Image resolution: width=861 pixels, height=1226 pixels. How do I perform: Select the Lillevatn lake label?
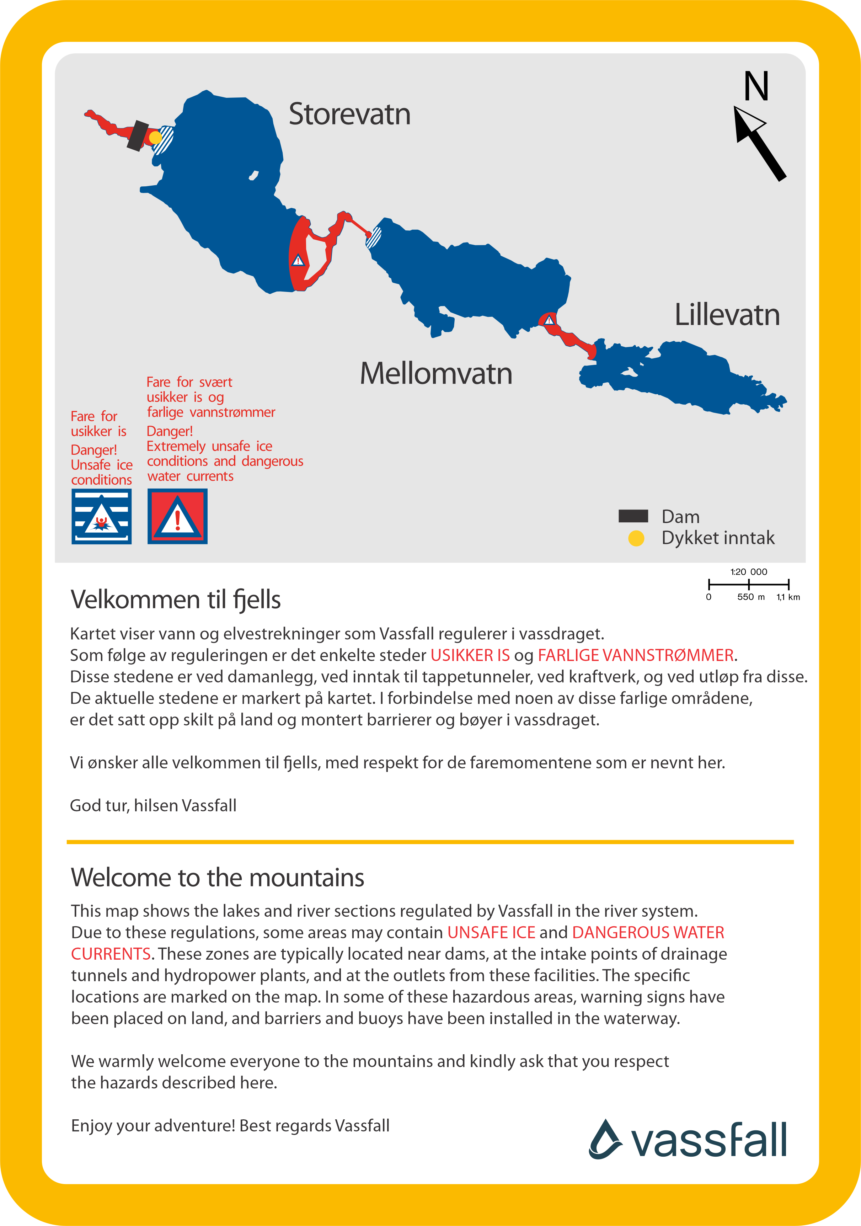click(727, 315)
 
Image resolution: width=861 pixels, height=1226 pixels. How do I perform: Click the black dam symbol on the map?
click(138, 135)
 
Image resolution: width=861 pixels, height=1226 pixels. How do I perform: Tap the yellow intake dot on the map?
click(155, 138)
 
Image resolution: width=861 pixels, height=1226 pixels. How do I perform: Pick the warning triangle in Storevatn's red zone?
click(298, 261)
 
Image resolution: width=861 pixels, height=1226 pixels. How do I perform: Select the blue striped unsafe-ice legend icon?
click(101, 516)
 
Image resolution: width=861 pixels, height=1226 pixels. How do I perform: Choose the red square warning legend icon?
click(177, 516)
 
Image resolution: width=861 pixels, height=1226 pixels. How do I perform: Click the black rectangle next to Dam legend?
click(633, 516)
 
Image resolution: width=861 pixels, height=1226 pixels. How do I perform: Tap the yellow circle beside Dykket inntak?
click(636, 538)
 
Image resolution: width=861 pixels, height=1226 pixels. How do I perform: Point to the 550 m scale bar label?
click(750, 597)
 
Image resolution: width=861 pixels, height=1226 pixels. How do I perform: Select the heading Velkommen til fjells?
click(176, 599)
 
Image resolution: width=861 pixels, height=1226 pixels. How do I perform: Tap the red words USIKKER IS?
click(470, 655)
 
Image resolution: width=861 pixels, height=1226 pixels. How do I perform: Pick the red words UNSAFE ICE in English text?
click(491, 932)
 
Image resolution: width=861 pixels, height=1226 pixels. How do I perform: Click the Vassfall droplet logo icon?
click(605, 1140)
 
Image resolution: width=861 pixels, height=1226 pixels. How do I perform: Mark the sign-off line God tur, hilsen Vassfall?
click(153, 805)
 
